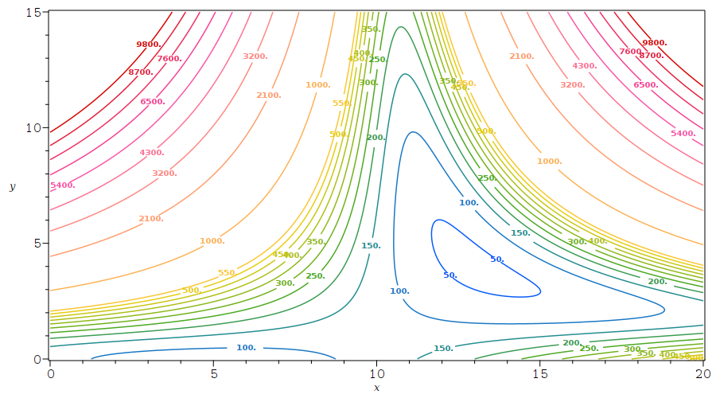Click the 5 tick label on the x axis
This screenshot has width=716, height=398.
coord(214,373)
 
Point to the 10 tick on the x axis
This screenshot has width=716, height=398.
coord(377,373)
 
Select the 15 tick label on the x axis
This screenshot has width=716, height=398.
coord(540,373)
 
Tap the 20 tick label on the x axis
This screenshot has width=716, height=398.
coord(703,373)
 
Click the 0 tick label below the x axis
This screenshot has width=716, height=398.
coord(51,373)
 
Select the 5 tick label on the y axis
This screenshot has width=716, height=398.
coord(37,244)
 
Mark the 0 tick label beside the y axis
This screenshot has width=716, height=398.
coord(37,359)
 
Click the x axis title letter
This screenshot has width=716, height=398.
coord(377,388)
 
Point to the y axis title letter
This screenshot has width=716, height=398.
coord(12,186)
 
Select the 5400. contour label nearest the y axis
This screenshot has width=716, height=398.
coord(63,185)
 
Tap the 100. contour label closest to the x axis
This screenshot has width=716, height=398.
coord(247,348)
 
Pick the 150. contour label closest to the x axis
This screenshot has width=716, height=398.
coord(443,349)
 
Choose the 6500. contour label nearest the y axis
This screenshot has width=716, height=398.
coord(153,102)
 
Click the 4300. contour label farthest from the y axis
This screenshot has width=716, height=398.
coord(585,66)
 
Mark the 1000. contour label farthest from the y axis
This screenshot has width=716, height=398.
coord(549,162)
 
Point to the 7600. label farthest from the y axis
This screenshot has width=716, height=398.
coord(631,52)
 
